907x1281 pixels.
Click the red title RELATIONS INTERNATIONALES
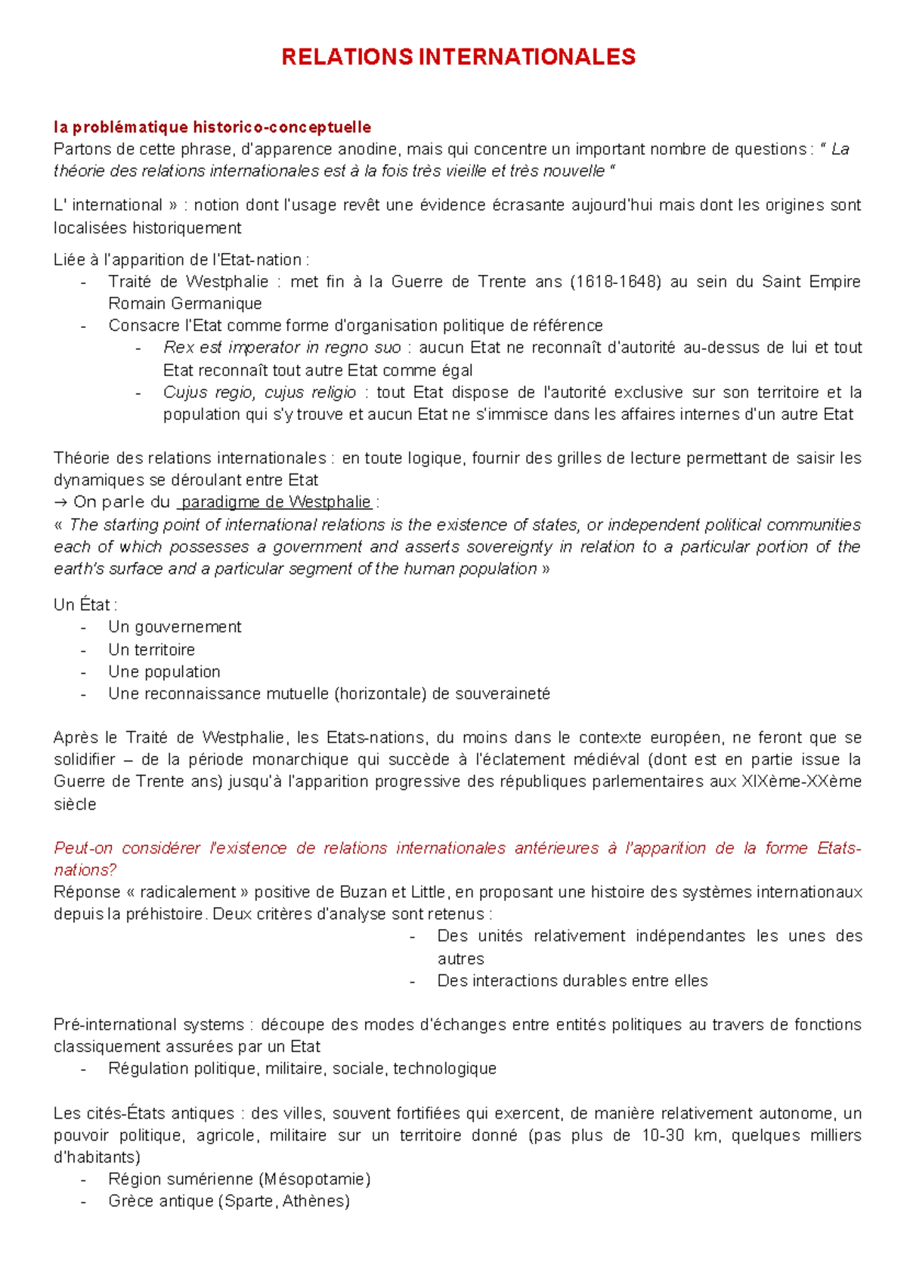(458, 57)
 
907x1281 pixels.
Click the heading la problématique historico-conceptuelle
(212, 127)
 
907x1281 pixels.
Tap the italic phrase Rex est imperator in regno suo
(282, 347)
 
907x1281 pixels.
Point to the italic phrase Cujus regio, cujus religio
(259, 393)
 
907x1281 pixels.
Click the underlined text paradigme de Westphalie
(277, 502)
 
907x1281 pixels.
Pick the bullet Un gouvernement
(175, 627)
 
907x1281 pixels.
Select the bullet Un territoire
(151, 650)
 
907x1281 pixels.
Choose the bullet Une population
(164, 671)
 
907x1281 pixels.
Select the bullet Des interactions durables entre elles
(572, 981)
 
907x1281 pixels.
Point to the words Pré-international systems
(149, 1025)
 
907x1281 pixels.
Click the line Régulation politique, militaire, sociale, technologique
(302, 1069)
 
